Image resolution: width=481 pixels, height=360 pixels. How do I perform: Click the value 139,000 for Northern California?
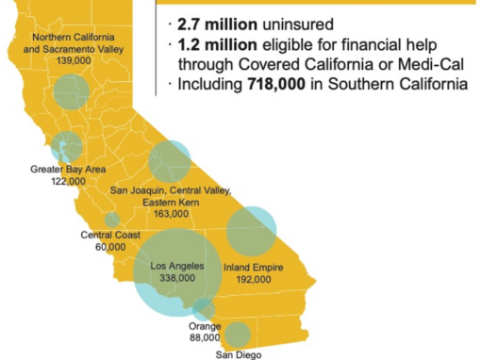pyautogui.click(x=79, y=59)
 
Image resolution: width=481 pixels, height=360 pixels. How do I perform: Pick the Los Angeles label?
pyautogui.click(x=178, y=266)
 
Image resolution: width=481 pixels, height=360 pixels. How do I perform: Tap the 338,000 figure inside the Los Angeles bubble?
pyautogui.click(x=178, y=278)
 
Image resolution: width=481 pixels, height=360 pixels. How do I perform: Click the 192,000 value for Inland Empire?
pyautogui.click(x=249, y=280)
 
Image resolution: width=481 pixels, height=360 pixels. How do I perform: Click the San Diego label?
pyautogui.click(x=237, y=354)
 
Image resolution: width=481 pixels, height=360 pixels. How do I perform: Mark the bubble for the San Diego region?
pyautogui.click(x=237, y=335)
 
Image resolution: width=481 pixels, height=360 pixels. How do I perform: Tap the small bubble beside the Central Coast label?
pyautogui.click(x=112, y=221)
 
